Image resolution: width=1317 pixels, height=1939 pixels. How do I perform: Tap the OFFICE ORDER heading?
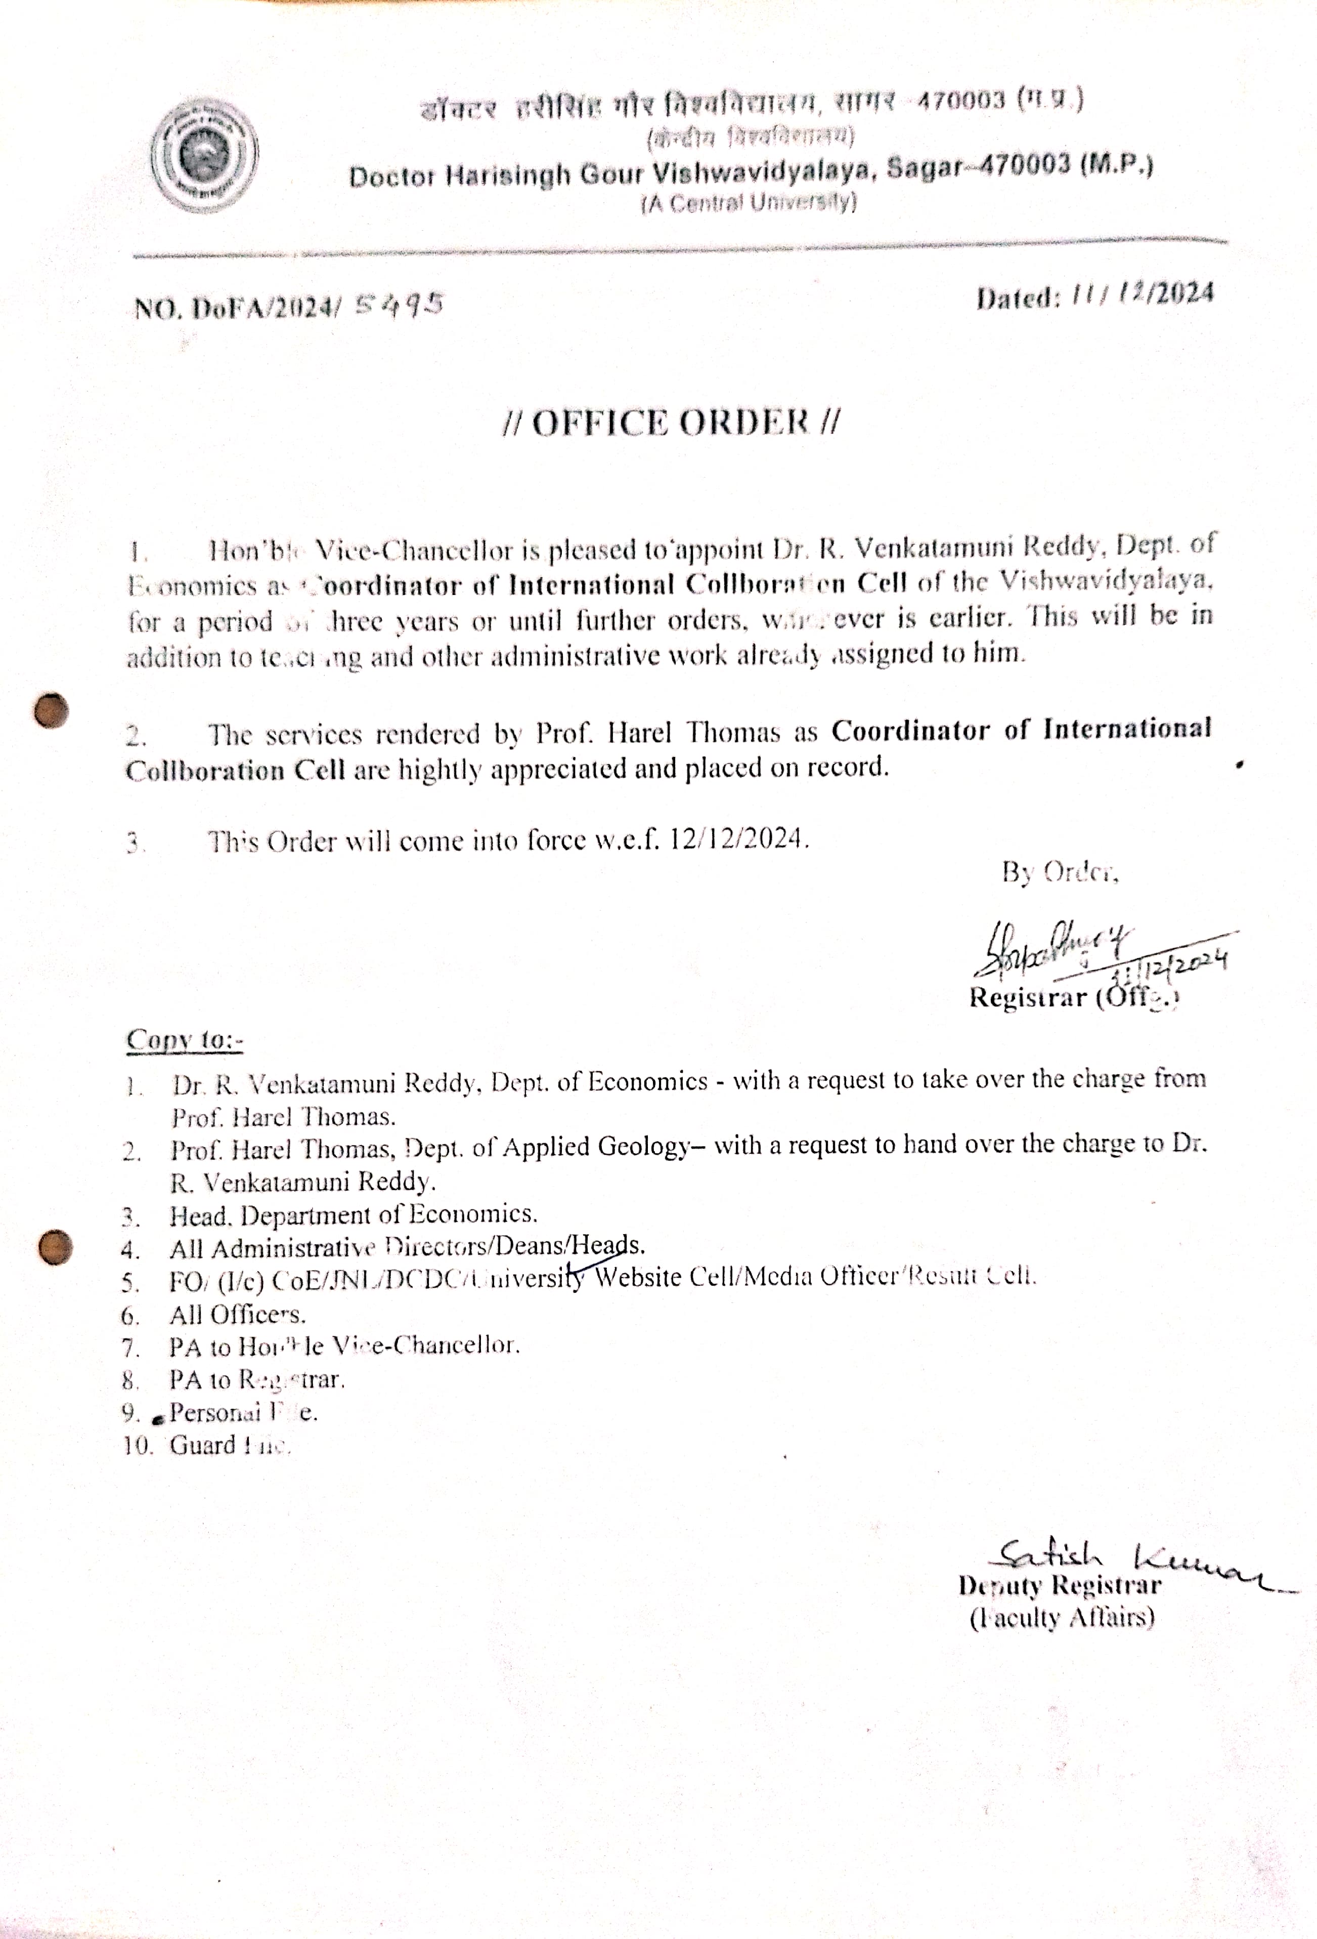pos(672,422)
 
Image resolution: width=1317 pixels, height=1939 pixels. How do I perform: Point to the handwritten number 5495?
pos(398,306)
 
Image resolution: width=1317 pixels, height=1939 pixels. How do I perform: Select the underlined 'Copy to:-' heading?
pos(184,1040)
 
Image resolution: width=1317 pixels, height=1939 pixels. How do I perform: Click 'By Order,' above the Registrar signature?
pos(1059,873)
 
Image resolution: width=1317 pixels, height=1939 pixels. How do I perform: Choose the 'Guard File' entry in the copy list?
pos(230,1445)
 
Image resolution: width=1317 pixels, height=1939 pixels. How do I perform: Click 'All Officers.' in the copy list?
pos(238,1315)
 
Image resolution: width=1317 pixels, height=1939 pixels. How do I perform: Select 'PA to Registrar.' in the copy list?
pos(257,1380)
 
